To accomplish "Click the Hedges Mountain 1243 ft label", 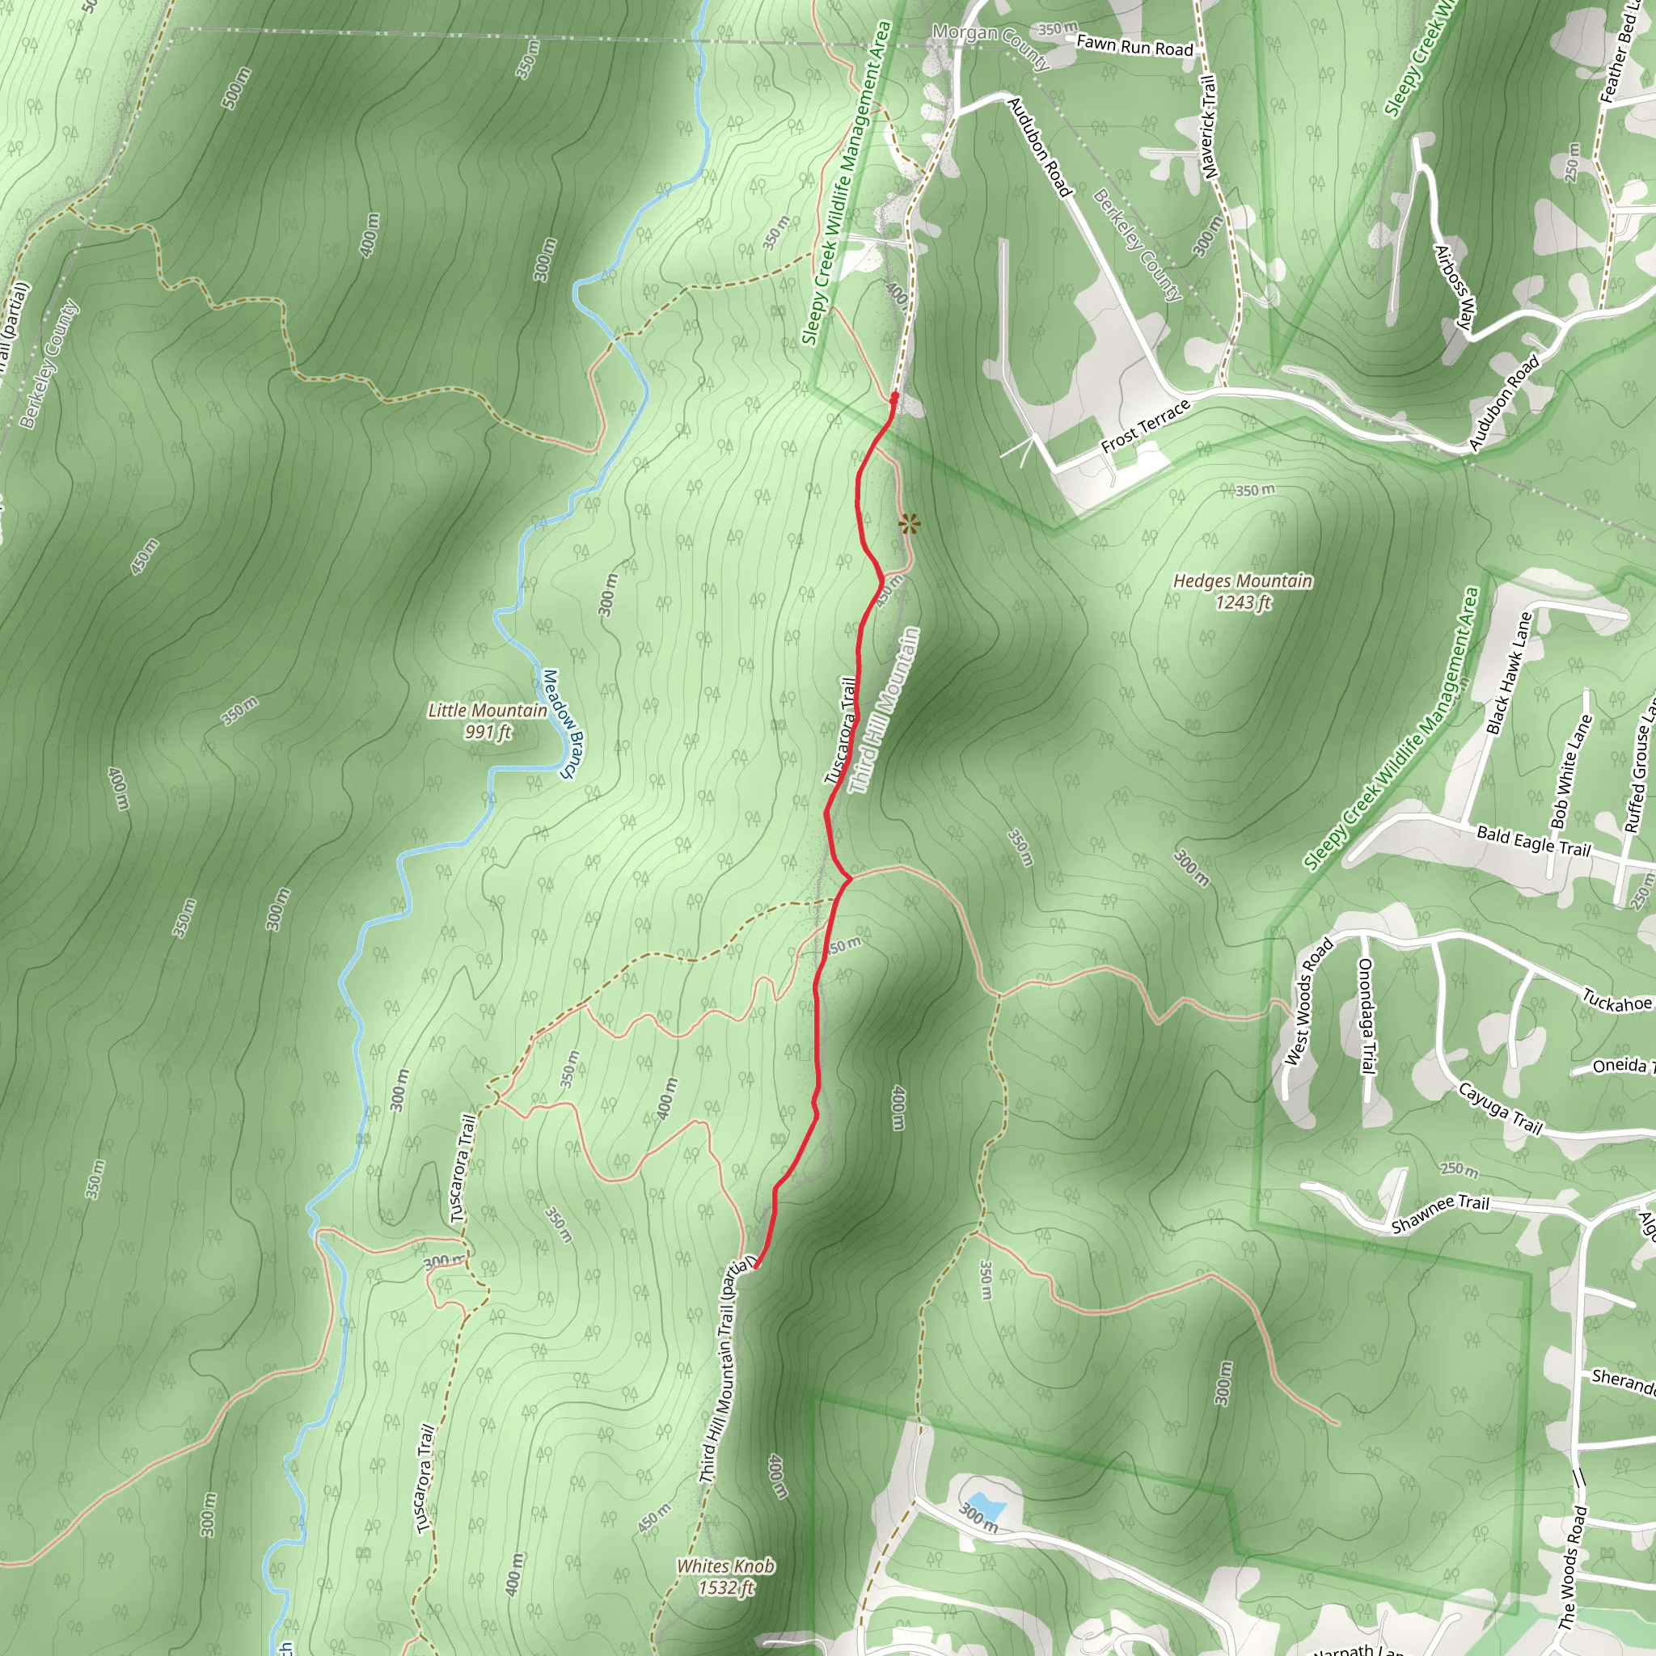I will [x=1242, y=591].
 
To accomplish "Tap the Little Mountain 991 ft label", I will [x=487, y=720].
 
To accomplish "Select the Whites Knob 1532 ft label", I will [x=725, y=1576].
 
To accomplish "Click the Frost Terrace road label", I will [x=1146, y=425].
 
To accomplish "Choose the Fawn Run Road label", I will [x=1134, y=45].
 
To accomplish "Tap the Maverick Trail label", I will [x=1209, y=127].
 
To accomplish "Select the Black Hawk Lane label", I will [x=1508, y=673].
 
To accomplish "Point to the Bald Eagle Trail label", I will [x=1532, y=840].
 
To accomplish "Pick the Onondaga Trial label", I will [x=1367, y=1015].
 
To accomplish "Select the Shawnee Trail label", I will [x=1440, y=1214].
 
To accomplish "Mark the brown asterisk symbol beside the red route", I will [x=910, y=523].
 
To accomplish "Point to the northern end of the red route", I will [x=895, y=396].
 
